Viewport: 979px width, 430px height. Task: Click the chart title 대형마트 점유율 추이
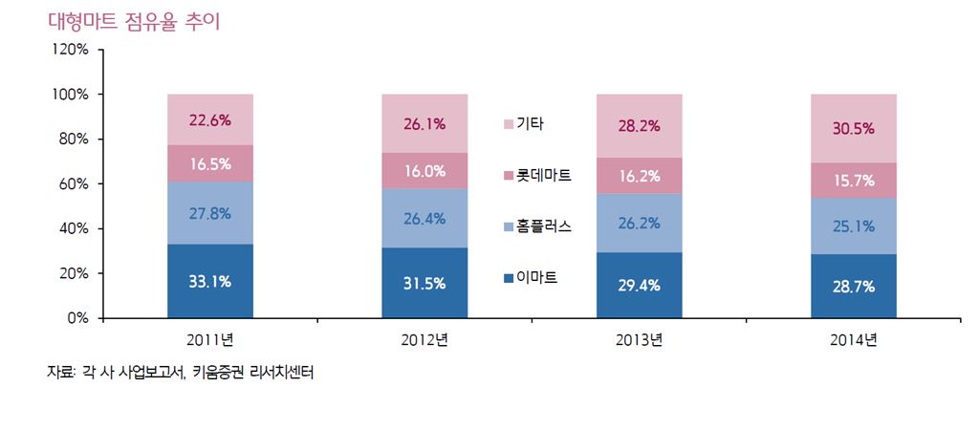coord(134,21)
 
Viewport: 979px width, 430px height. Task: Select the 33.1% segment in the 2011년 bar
coord(209,282)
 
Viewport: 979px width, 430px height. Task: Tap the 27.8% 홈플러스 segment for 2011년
coord(209,213)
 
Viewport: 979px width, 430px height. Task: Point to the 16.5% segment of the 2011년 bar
coord(209,163)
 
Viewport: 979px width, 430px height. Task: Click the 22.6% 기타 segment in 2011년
coord(209,119)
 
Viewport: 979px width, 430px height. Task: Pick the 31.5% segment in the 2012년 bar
coord(424,284)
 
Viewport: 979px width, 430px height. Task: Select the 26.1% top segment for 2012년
coord(424,123)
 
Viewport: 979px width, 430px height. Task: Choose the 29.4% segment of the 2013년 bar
coord(639,286)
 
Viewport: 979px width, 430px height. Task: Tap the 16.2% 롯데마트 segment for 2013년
coord(639,176)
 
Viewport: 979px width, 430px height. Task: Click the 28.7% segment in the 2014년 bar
coord(854,287)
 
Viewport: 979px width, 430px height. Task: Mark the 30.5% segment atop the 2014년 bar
coord(854,128)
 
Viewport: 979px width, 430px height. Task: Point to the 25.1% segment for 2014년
coord(854,226)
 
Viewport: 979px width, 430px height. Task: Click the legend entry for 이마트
coord(531,278)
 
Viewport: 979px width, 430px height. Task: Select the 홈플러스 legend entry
coord(537,226)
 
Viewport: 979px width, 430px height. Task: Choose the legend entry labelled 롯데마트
coord(537,176)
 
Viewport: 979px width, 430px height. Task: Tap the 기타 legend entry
coord(525,124)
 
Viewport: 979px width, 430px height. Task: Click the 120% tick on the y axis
coord(70,50)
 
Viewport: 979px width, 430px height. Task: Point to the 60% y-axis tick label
coord(74,183)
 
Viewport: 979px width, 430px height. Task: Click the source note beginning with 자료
coord(181,373)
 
